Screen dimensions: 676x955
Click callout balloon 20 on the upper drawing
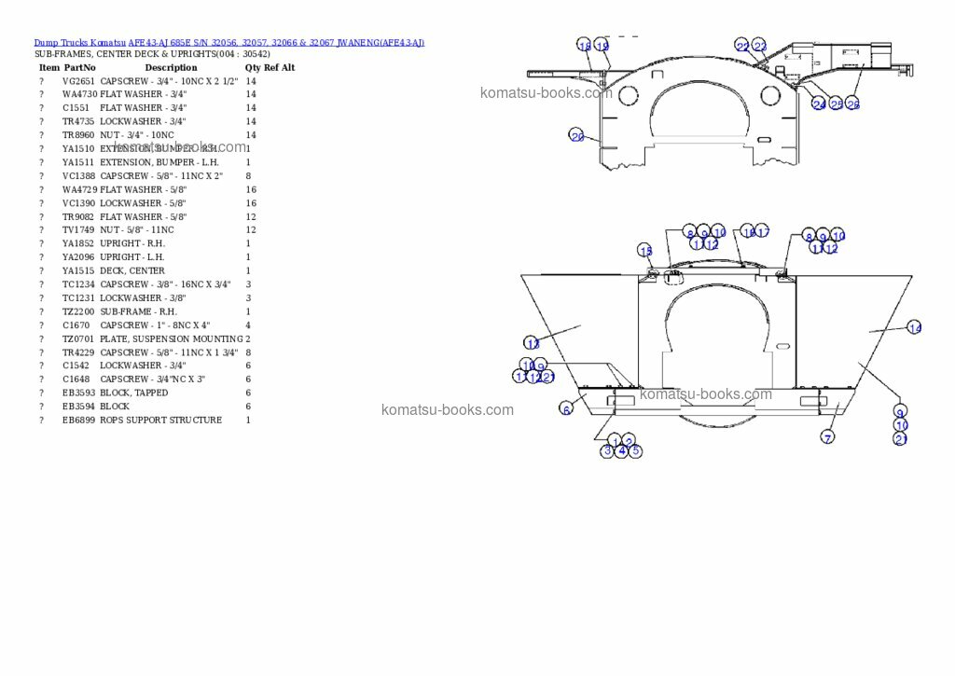coord(577,136)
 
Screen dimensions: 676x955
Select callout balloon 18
coord(585,47)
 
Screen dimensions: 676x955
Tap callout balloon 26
coord(853,104)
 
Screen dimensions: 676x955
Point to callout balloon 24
coord(819,104)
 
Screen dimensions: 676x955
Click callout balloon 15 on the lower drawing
coord(645,250)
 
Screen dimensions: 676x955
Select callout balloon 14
coord(914,327)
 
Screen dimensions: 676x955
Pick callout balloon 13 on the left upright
coord(532,344)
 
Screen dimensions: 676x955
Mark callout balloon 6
coord(565,408)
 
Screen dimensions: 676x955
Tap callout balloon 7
coord(827,436)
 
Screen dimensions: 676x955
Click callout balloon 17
coord(763,232)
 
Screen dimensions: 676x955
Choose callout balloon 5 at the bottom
coord(635,451)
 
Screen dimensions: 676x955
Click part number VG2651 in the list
coord(78,81)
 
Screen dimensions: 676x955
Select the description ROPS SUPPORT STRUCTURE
coord(160,421)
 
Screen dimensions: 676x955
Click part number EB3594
coord(78,407)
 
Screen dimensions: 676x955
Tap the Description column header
coord(171,68)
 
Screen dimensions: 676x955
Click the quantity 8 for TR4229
coord(248,352)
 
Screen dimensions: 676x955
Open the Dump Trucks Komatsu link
coord(79,43)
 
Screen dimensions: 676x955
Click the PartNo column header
coord(79,68)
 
